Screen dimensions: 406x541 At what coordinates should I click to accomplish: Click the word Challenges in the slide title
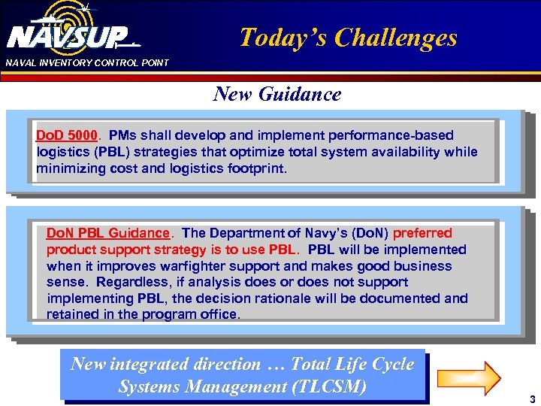click(396, 37)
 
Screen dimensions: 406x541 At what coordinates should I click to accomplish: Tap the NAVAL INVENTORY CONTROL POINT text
click(87, 62)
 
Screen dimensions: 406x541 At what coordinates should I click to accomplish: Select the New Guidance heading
click(277, 94)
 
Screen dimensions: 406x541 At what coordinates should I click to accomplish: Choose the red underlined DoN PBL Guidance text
click(108, 233)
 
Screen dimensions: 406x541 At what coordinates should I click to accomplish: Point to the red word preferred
click(422, 233)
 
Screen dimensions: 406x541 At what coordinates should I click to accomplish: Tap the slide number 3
click(531, 399)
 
